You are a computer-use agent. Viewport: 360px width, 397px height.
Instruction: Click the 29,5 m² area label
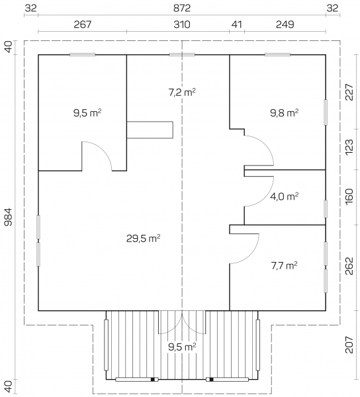coord(143,238)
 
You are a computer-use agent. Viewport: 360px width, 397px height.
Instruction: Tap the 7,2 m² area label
coord(182,93)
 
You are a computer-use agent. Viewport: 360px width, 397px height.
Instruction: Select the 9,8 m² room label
coord(285,112)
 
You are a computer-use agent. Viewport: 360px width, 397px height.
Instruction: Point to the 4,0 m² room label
coord(285,197)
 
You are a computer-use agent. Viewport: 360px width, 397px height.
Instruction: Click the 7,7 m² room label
coord(284,265)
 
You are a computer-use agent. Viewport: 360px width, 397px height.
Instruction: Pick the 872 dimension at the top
coord(182,8)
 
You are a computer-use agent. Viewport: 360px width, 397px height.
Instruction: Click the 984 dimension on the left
coord(8,217)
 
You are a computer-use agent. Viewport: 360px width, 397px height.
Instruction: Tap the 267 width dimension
coord(82,24)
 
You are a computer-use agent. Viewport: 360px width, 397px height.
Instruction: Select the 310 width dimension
coord(182,24)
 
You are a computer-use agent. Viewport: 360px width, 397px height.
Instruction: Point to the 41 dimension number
coord(237,24)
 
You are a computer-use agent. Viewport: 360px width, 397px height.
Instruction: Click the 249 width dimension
coord(285,24)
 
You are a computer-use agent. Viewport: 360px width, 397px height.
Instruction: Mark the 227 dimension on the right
coord(349,92)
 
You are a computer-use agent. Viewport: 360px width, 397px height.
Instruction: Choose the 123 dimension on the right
coord(349,147)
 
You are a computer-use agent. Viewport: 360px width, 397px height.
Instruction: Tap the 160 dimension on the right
coord(349,197)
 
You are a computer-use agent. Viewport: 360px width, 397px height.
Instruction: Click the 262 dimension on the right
coord(349,266)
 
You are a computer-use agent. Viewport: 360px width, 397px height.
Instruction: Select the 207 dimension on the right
coord(349,345)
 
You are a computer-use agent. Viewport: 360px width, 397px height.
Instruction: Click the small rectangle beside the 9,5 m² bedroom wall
coord(150,130)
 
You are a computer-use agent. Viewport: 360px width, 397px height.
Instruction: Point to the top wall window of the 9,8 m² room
coord(277,54)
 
